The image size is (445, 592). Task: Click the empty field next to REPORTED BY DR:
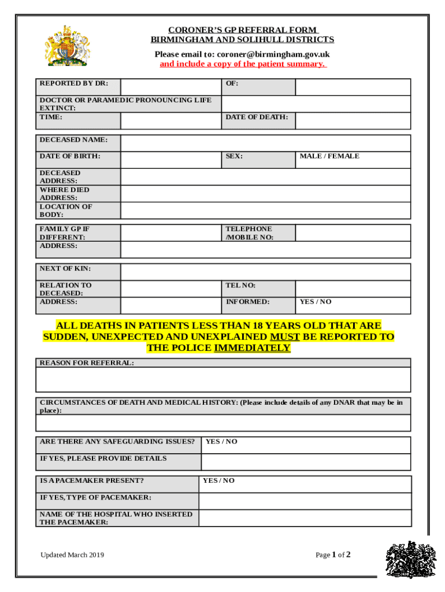pos(170,87)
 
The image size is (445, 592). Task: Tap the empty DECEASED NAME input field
pos(266,143)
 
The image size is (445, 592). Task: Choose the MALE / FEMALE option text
pos(329,156)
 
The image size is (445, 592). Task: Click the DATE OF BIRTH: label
pos(70,156)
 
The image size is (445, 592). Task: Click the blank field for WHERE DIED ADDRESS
pos(266,194)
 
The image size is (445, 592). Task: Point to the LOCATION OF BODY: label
pos(65,210)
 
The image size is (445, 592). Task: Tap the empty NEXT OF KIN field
pos(266,272)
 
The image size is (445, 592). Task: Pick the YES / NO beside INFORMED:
pos(316,302)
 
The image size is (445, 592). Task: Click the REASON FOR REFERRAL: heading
pos(87,362)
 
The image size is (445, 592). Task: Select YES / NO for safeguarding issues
pos(221,442)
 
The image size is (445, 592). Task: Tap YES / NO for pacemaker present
pos(219,480)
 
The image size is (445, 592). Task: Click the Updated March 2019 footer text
pos(72,555)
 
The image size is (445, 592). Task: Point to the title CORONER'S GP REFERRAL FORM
pos(242,30)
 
